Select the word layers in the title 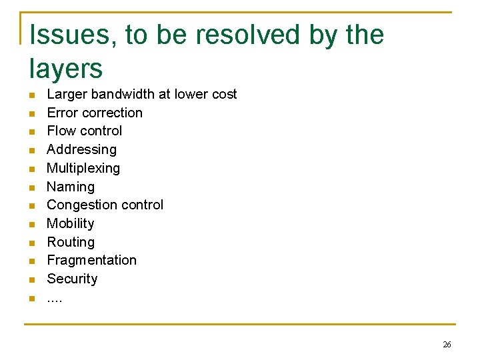(66, 69)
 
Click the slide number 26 (447, 345)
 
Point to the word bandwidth (123, 94)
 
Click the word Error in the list (63, 113)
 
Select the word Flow (61, 131)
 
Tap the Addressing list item (81, 149)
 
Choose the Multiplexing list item (83, 168)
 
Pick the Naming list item (71, 187)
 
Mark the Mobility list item (71, 223)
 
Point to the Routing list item (71, 242)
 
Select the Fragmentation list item (91, 260)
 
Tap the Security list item (72, 279)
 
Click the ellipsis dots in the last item (55, 299)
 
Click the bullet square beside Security (32, 279)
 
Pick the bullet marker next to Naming (32, 187)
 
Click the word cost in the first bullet (225, 94)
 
